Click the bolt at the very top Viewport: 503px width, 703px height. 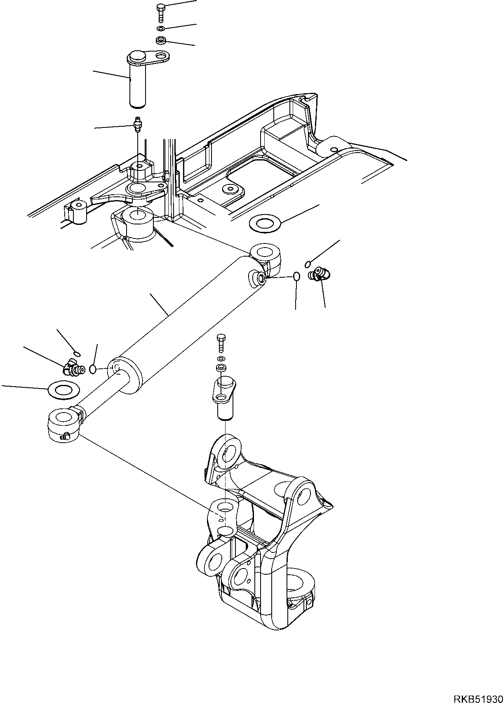pyautogui.click(x=160, y=12)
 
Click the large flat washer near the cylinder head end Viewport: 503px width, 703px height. pyautogui.click(x=265, y=224)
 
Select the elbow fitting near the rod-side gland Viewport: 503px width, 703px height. pyautogui.click(x=72, y=368)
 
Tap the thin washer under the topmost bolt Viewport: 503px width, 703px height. pyautogui.click(x=160, y=28)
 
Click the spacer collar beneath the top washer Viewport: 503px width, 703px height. pyautogui.click(x=161, y=40)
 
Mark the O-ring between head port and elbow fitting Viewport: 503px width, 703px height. pyautogui.click(x=296, y=276)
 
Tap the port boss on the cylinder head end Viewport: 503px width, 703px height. pyautogui.click(x=258, y=278)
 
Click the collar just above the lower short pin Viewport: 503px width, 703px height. pyautogui.click(x=221, y=368)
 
